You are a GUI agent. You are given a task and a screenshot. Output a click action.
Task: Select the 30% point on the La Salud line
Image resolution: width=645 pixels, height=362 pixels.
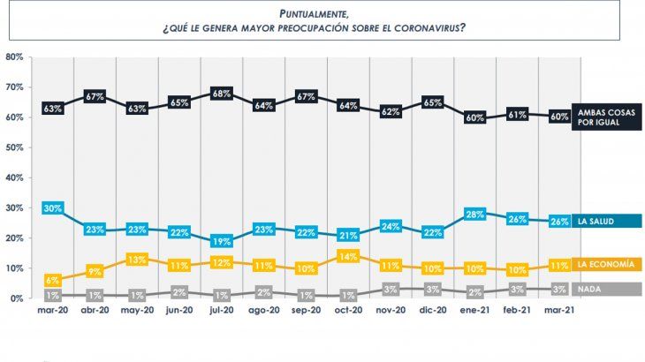pyautogui.click(x=52, y=208)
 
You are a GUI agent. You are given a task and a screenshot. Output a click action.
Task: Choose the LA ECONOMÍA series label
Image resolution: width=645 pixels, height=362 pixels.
pyautogui.click(x=607, y=264)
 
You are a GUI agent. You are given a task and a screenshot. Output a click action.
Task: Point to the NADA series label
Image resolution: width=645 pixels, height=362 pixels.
pyautogui.click(x=590, y=289)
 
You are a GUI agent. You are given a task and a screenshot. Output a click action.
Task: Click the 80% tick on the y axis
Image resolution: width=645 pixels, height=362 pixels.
pyautogui.click(x=13, y=57)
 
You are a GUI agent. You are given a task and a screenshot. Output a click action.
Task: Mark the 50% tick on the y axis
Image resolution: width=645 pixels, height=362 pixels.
pyautogui.click(x=13, y=147)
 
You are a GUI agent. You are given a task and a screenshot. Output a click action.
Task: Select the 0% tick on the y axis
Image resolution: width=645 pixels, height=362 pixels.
pyautogui.click(x=16, y=298)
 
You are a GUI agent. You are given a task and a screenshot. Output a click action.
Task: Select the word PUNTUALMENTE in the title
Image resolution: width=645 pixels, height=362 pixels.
pyautogui.click(x=309, y=13)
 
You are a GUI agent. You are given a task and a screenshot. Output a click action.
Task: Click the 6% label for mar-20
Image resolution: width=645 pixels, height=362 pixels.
pyautogui.click(x=52, y=280)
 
